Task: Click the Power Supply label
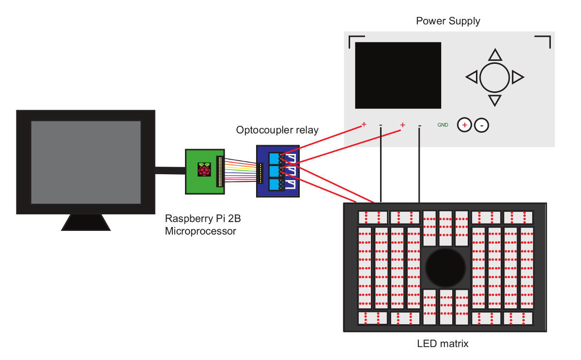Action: (x=448, y=21)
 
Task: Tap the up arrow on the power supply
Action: (x=494, y=54)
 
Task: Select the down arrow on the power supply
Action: (x=494, y=100)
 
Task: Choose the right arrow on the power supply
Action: (x=518, y=76)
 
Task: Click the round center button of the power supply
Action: (x=495, y=77)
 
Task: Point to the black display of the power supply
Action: (x=398, y=75)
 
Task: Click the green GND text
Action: (x=443, y=125)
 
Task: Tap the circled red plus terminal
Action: (x=464, y=125)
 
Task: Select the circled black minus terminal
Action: (x=481, y=125)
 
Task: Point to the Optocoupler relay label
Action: (x=277, y=130)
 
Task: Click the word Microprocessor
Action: (x=200, y=231)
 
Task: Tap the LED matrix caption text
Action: (x=443, y=344)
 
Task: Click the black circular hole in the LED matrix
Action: (x=445, y=267)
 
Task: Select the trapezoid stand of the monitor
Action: (x=85, y=222)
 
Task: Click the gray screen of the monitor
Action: (x=86, y=162)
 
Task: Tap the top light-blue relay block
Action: (x=274, y=158)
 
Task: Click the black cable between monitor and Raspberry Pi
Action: (x=170, y=169)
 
